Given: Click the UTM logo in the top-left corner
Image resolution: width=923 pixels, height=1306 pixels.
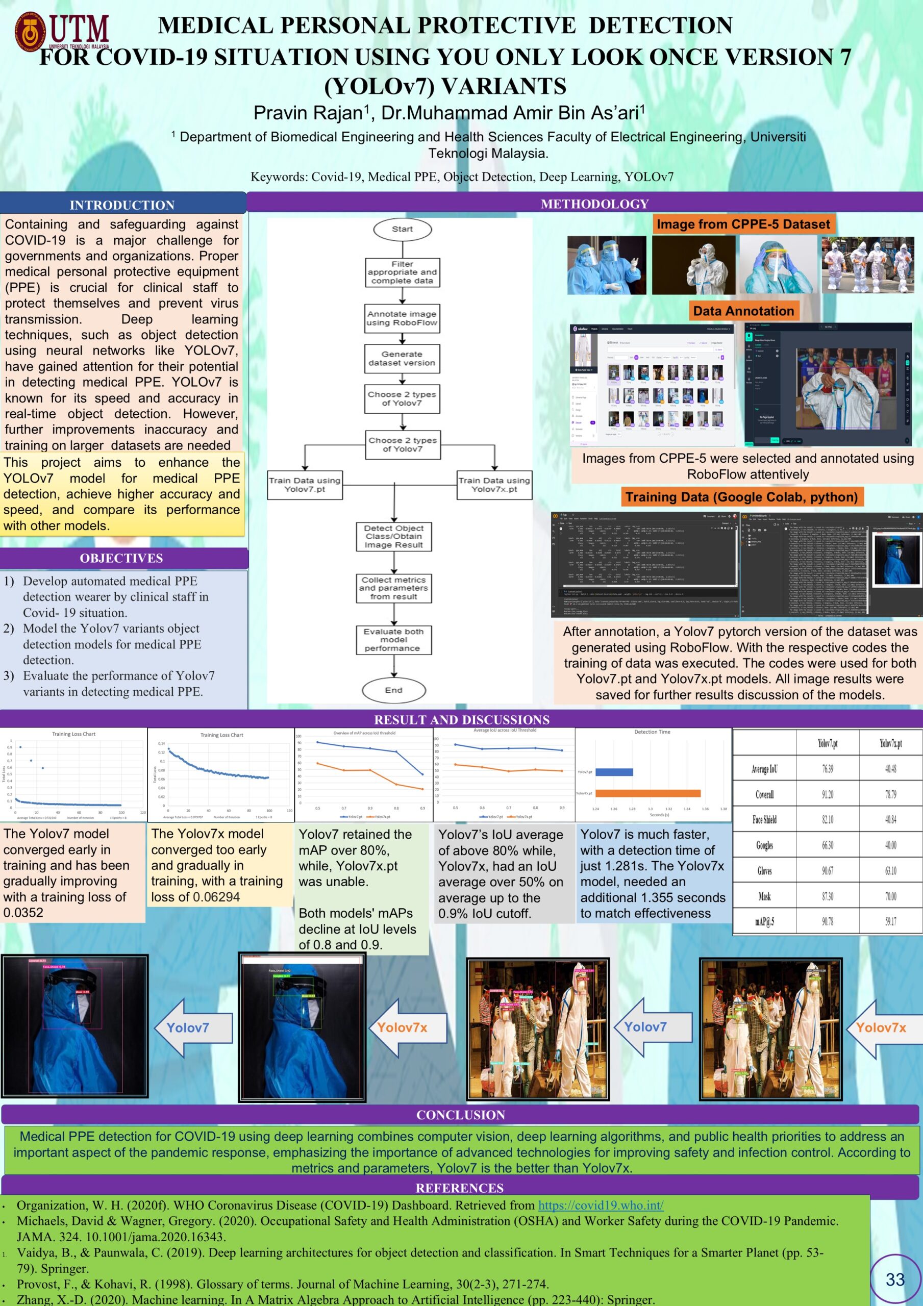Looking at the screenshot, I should pyautogui.click(x=61, y=31).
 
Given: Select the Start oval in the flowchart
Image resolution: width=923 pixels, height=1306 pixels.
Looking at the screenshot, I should pyautogui.click(x=403, y=229).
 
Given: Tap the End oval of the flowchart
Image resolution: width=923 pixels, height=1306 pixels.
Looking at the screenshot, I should pyautogui.click(x=394, y=690).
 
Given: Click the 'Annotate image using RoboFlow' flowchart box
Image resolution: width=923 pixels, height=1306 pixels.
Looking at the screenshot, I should pyautogui.click(x=403, y=318).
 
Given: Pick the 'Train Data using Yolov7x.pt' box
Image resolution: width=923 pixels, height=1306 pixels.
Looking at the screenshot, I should pyautogui.click(x=494, y=485).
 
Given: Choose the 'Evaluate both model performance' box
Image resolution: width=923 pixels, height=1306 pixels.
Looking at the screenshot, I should pyautogui.click(x=394, y=640).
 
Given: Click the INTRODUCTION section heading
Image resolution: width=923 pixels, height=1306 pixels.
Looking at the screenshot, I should pyautogui.click(x=122, y=205).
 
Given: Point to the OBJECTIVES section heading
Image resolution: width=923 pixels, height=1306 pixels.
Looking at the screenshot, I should pyautogui.click(x=121, y=558).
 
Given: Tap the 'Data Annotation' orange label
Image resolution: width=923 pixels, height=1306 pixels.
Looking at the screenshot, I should pyautogui.click(x=743, y=311).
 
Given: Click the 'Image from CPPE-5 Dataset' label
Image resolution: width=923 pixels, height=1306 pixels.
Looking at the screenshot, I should pyautogui.click(x=743, y=224).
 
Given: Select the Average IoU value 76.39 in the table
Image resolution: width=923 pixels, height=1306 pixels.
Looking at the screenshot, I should pyautogui.click(x=828, y=769).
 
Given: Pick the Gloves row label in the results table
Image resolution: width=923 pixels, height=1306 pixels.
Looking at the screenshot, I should pyautogui.click(x=764, y=871).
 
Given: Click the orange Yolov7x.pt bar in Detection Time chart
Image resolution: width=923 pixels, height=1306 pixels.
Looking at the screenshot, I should pyautogui.click(x=647, y=793).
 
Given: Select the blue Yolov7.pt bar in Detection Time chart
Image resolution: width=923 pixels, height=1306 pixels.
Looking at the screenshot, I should pyautogui.click(x=614, y=772).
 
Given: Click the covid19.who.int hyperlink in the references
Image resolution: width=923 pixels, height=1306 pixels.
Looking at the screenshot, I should pyautogui.click(x=601, y=1205).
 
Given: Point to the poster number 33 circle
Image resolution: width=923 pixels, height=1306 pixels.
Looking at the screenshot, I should pyautogui.click(x=895, y=1279).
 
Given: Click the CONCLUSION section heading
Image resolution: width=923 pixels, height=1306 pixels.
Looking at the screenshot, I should pyautogui.click(x=460, y=1115).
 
